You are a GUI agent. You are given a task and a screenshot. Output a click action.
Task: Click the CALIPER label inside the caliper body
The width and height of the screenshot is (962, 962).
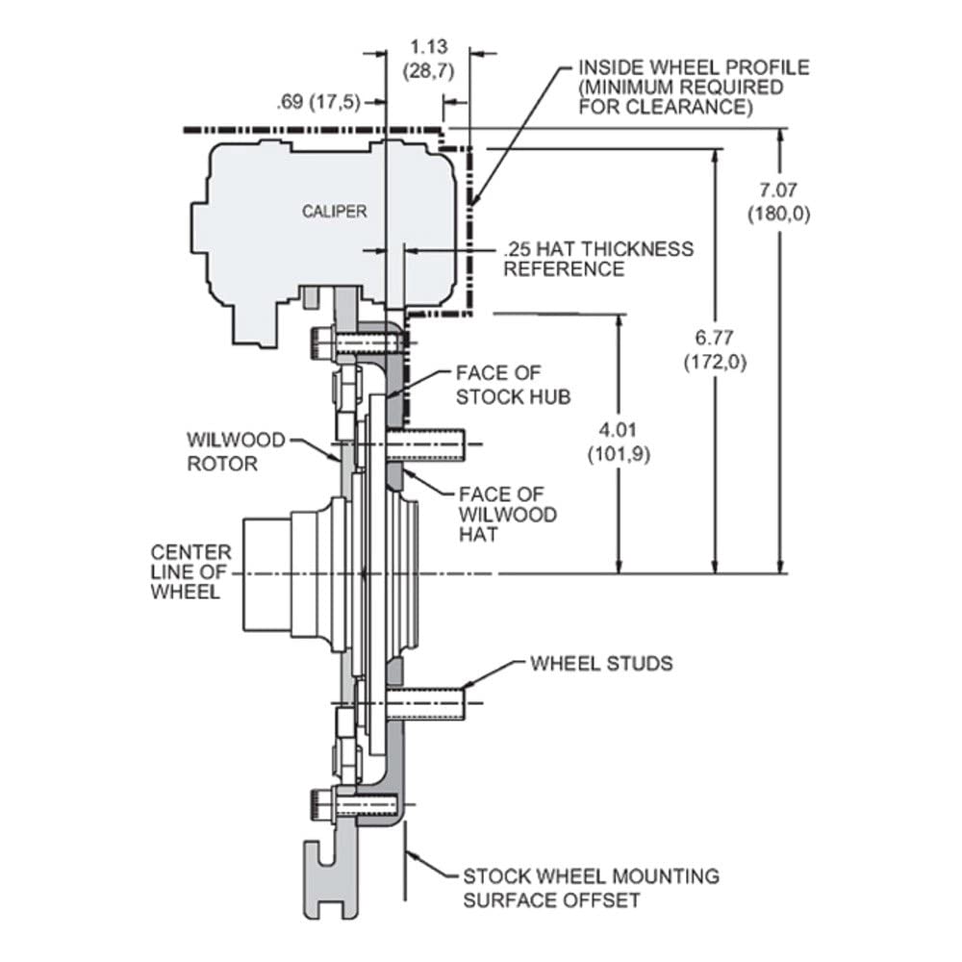(x=335, y=212)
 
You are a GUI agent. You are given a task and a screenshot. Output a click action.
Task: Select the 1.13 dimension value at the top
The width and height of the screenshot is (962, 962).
(x=429, y=47)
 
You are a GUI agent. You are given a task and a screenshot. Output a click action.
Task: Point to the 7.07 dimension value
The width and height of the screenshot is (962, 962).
(x=778, y=190)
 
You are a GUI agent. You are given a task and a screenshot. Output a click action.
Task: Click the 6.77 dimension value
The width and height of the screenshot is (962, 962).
(x=715, y=338)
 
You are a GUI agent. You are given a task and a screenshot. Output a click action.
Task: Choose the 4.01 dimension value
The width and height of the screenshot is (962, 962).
(x=619, y=429)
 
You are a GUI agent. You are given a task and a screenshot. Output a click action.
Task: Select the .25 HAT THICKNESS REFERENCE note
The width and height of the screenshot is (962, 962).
(x=598, y=259)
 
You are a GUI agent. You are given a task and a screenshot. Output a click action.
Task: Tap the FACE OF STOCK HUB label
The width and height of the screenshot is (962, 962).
(x=513, y=386)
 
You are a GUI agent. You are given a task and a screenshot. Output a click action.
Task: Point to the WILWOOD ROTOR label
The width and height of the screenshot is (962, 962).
(x=237, y=451)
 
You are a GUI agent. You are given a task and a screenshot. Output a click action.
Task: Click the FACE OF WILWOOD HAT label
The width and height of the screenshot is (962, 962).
(x=508, y=514)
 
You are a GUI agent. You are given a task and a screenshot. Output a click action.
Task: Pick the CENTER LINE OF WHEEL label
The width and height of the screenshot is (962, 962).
(x=190, y=571)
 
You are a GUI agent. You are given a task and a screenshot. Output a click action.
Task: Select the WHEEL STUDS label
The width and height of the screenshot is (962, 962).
(x=601, y=663)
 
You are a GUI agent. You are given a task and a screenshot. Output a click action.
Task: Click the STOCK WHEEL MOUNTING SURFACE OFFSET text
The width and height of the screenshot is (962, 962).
(x=591, y=888)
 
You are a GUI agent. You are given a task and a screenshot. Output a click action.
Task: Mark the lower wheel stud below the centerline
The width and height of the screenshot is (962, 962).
(x=425, y=704)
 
